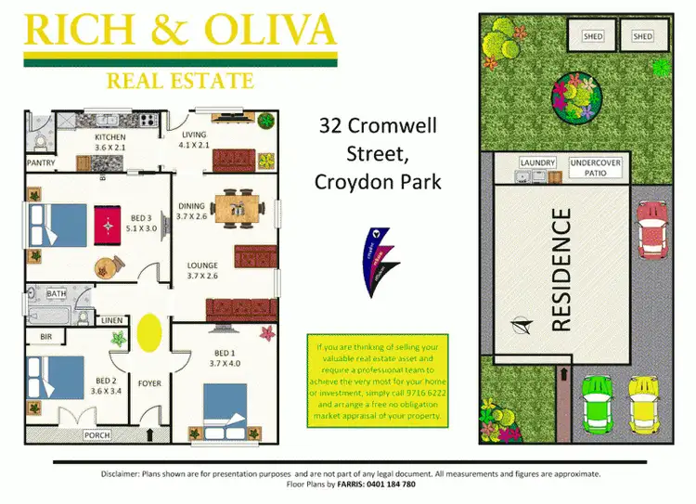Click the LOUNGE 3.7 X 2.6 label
pyautogui.click(x=201, y=270)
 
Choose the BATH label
pyautogui.click(x=57, y=294)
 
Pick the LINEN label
pyautogui.click(x=110, y=321)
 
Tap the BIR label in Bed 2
pyautogui.click(x=45, y=335)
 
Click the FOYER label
pyautogui.click(x=149, y=380)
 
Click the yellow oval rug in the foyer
pyautogui.click(x=148, y=331)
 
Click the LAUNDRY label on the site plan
pyautogui.click(x=536, y=163)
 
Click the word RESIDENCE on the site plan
pyautogui.click(x=561, y=269)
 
